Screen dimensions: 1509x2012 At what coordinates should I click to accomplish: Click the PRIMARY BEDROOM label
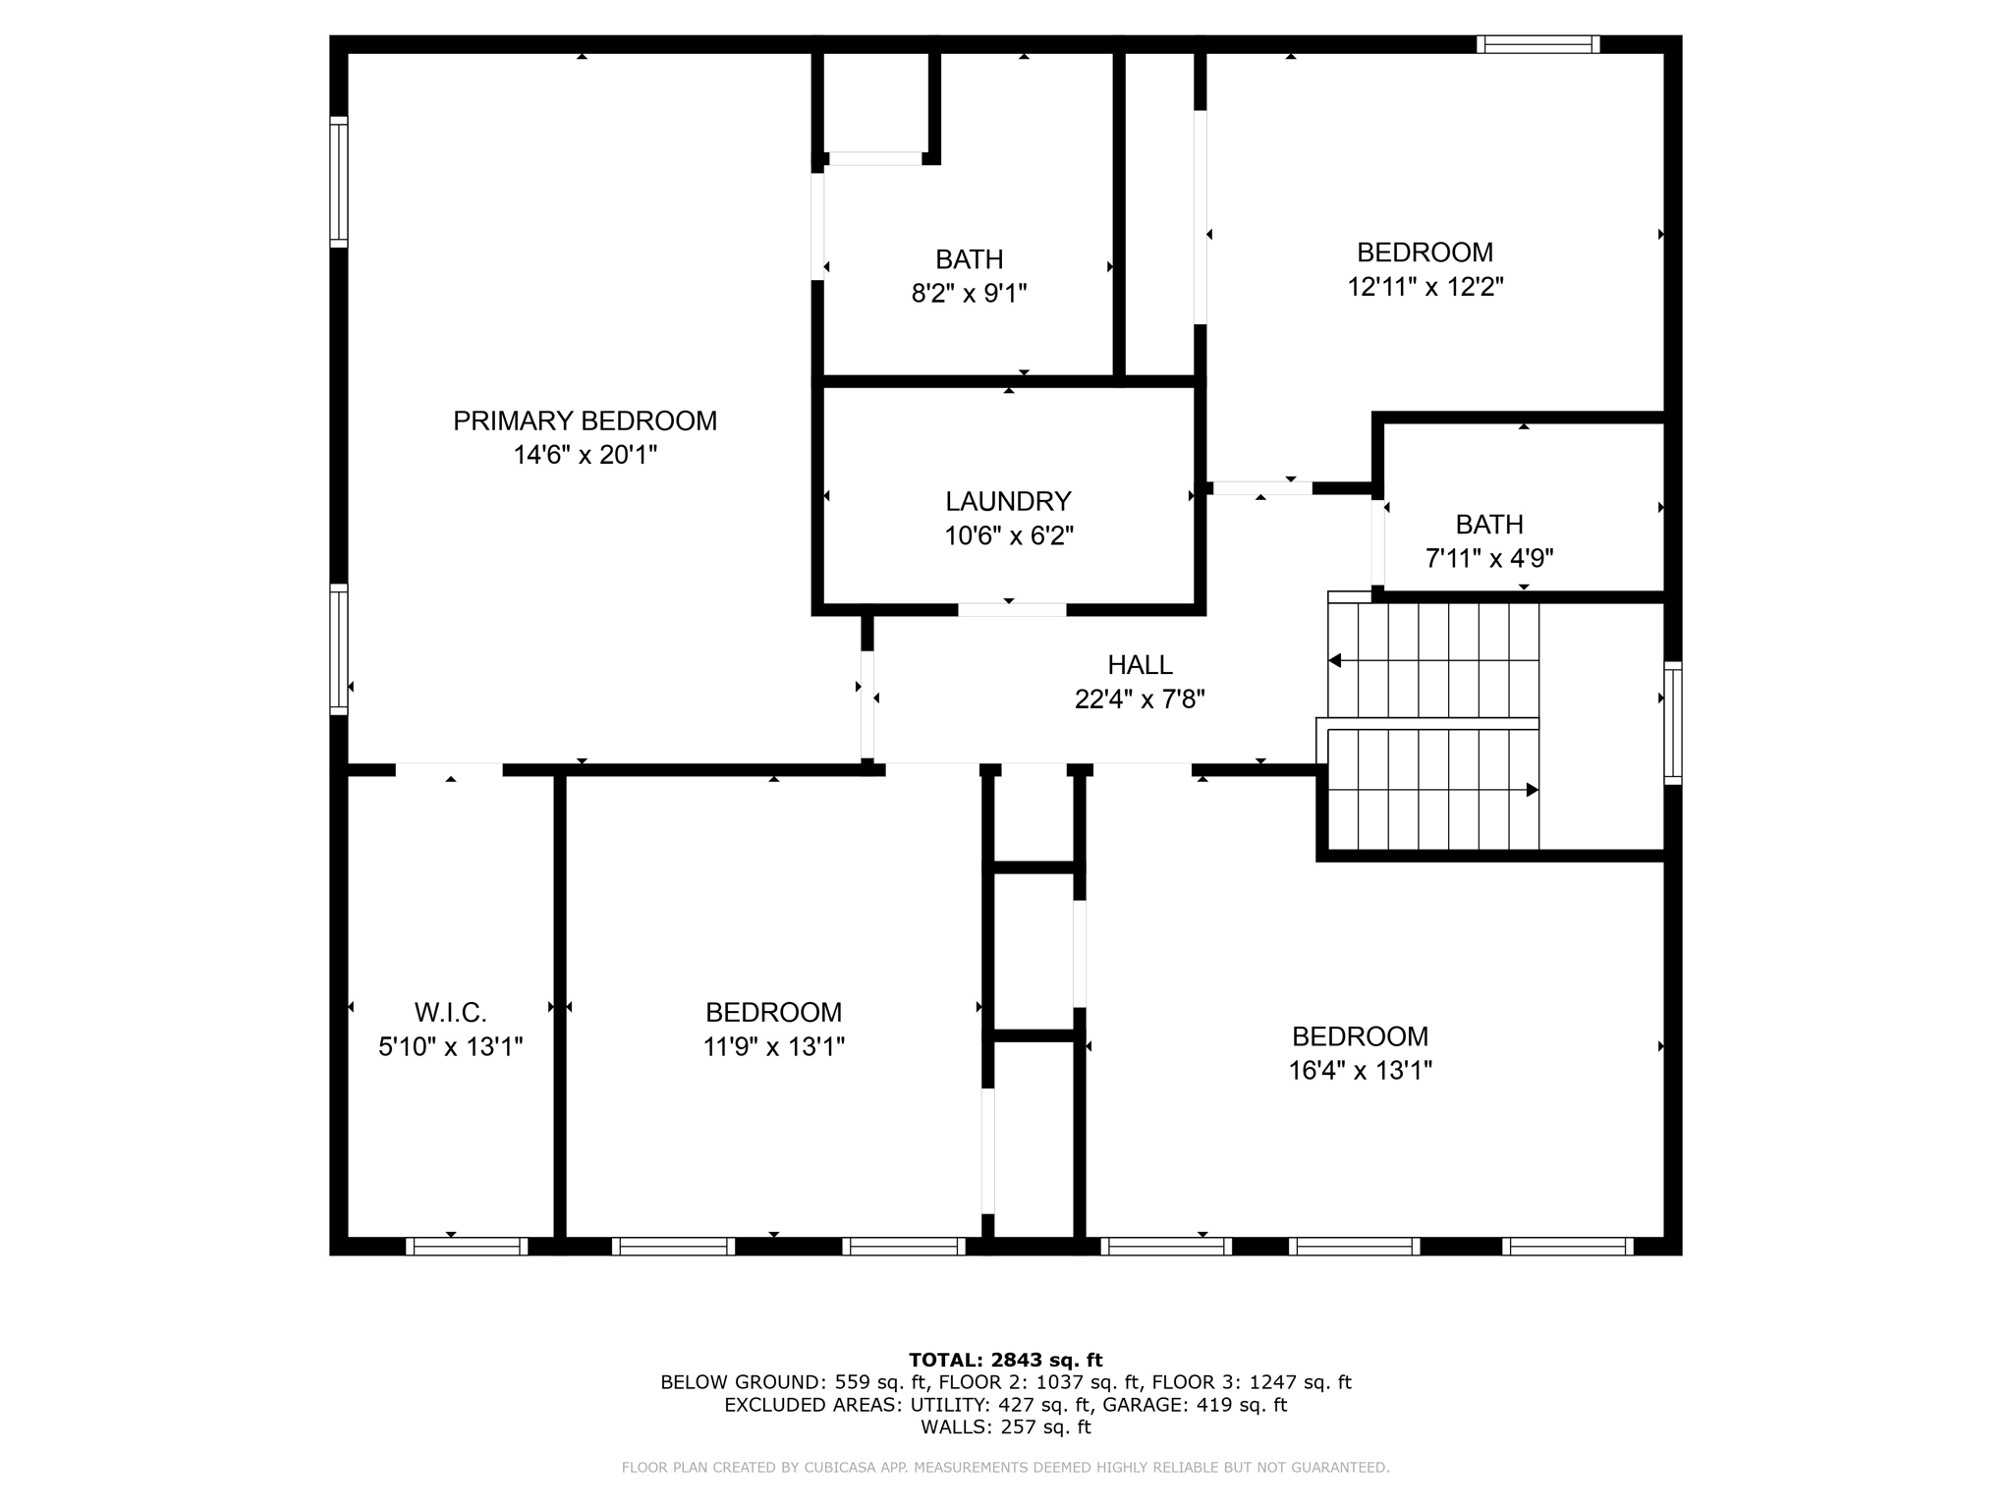585,421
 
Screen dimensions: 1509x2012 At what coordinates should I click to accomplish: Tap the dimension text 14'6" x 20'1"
585,455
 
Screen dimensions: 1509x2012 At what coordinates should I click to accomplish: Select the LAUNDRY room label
1008,502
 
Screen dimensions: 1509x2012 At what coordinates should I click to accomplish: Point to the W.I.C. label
450,1012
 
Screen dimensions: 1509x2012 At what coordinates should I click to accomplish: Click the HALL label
1140,665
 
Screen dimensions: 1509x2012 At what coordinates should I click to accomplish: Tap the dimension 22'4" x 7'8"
1140,699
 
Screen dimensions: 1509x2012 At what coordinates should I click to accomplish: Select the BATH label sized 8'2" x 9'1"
969,259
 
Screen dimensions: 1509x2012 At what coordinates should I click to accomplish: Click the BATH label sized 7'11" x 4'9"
1489,524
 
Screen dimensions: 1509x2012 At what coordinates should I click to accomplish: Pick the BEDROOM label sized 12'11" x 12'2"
1425,252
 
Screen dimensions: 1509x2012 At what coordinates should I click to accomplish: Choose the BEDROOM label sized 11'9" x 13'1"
773,1012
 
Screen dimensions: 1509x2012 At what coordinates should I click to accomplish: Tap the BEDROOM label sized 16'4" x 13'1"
1360,1036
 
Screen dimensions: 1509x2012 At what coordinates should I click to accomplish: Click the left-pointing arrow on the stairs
1335,661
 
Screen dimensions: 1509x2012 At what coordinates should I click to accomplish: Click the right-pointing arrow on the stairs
1532,790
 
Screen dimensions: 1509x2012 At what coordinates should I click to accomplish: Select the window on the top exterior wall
1538,44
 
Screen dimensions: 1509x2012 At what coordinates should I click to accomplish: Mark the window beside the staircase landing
1672,723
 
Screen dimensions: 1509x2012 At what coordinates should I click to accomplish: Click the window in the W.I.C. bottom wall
467,1246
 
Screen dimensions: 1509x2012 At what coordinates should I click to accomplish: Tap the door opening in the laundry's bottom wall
1012,610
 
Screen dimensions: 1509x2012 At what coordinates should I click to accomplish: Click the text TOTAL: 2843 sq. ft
1005,1360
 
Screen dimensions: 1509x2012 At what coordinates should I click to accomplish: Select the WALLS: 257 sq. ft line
1005,1427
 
